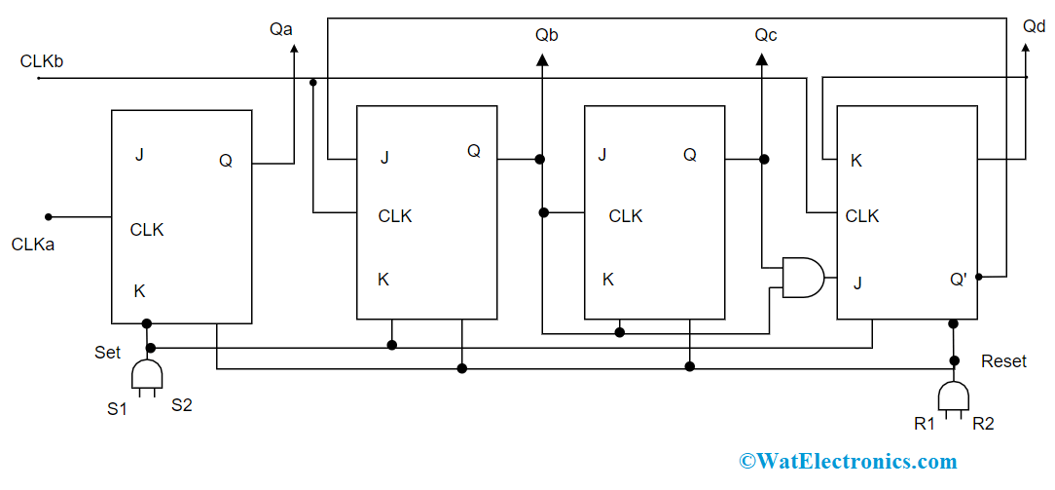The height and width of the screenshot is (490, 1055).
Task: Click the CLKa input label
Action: pos(33,245)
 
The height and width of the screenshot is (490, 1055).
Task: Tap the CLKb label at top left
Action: pos(42,61)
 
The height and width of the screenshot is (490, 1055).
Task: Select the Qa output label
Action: pos(281,29)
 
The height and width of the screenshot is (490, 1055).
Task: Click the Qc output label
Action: pos(766,35)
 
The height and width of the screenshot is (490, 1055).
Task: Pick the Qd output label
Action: pos(1034,26)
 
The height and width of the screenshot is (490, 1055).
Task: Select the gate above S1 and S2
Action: pos(146,376)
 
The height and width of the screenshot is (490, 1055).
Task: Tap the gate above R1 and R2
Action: pos(953,396)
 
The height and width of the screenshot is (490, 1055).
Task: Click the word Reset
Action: pos(1003,361)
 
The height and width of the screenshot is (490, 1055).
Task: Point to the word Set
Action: pos(108,353)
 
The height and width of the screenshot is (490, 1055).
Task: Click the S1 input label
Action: pos(117,408)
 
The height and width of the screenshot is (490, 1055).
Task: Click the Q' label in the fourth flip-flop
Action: pos(959,280)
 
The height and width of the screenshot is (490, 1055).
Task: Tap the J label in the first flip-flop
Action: pos(139,154)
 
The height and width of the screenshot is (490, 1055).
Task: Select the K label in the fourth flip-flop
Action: pos(856,161)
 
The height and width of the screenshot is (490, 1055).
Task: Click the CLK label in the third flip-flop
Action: pos(626,216)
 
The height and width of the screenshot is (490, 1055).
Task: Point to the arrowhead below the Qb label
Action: pos(541,60)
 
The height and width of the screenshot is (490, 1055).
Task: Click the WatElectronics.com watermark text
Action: pos(848,461)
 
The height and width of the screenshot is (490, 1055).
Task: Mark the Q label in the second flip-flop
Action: pos(474,151)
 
